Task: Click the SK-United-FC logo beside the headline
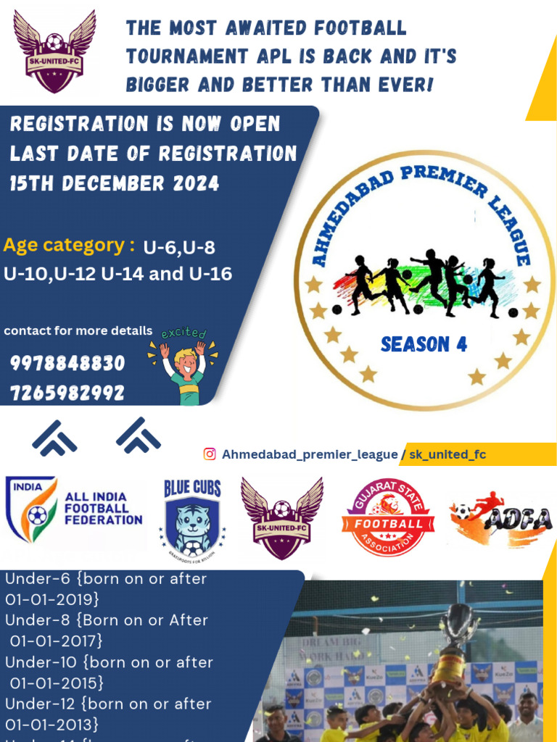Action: [x=54, y=52]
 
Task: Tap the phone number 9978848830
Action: [x=67, y=363]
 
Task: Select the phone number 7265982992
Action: [x=67, y=393]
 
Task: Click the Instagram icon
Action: [x=210, y=454]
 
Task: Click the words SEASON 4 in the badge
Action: [x=424, y=344]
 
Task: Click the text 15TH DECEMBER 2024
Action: [x=115, y=183]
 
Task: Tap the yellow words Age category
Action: [x=69, y=245]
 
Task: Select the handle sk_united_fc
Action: [x=447, y=454]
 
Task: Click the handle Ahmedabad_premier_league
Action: [x=309, y=454]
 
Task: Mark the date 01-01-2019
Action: [x=52, y=599]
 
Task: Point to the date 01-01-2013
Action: [x=52, y=724]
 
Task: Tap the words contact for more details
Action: [x=78, y=331]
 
